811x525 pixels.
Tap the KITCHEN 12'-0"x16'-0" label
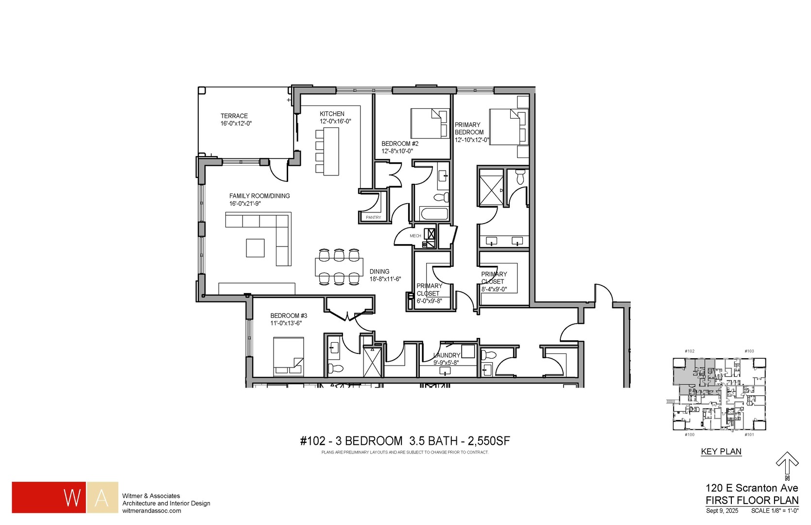[334, 118]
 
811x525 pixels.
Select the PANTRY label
[373, 217]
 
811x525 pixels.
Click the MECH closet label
[415, 236]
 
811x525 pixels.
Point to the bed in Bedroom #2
[429, 123]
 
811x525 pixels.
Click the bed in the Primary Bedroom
[507, 126]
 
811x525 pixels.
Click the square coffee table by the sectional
[255, 247]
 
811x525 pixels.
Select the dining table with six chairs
[339, 266]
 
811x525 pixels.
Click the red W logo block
[49, 497]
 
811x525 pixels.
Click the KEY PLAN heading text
[721, 452]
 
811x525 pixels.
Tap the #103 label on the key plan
[749, 351]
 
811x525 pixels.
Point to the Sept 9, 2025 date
[722, 510]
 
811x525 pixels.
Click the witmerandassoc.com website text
[152, 511]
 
